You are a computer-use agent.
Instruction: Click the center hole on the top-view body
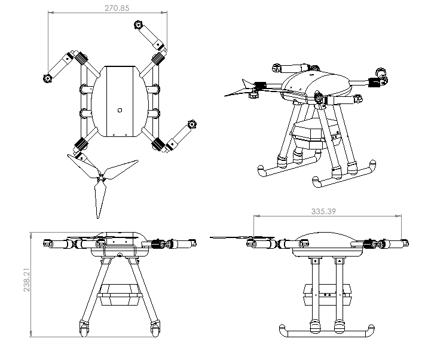[120, 109]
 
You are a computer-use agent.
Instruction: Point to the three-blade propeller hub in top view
[103, 178]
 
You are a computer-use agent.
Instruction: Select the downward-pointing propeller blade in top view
[99, 200]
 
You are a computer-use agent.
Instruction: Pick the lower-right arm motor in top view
[191, 124]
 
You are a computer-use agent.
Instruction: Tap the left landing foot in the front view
[82, 328]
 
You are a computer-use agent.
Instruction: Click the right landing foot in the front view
[157, 328]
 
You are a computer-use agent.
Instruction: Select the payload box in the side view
[326, 292]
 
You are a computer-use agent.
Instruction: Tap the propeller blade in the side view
[230, 238]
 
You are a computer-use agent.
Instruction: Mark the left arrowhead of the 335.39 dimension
[255, 216]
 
